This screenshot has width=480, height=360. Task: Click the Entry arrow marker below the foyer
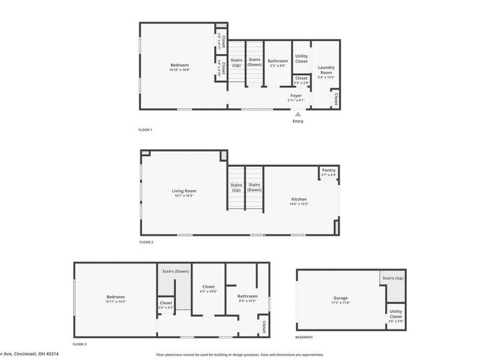[298, 114]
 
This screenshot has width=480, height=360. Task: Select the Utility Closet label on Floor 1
[301, 58]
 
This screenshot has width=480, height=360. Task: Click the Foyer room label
[296, 95]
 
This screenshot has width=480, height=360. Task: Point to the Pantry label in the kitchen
[329, 170]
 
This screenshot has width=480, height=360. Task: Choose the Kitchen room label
[299, 199]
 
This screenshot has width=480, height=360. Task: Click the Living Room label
[184, 191]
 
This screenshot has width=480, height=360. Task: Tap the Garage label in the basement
[341, 298]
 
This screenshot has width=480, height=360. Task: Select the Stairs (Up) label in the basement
[392, 278]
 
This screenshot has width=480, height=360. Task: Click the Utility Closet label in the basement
[395, 313]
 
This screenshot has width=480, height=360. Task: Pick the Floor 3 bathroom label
[247, 296]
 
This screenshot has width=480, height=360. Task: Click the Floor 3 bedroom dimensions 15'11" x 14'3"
[116, 301]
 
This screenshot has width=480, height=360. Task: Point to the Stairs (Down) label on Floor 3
[175, 271]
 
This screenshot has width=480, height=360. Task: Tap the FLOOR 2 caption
[146, 242]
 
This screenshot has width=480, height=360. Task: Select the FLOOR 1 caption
[145, 130]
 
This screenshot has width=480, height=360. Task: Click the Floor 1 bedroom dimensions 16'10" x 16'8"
[179, 70]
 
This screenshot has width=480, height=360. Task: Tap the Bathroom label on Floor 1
[278, 61]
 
